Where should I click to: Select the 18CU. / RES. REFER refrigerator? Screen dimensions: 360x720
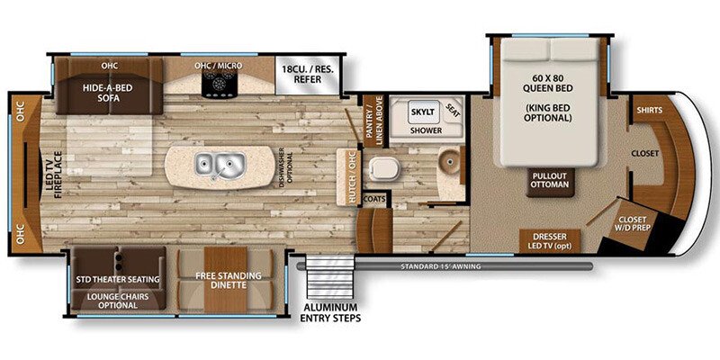305,73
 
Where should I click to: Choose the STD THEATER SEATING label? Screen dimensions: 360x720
118,279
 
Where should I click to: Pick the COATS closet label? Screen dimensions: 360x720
375,198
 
